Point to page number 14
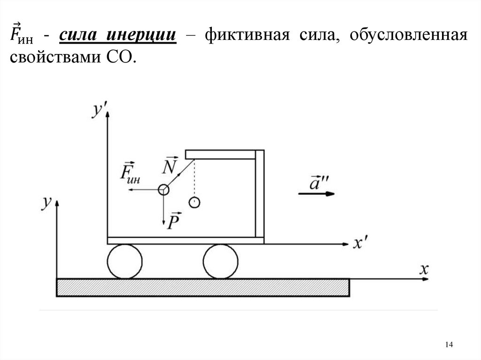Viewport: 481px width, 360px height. coord(448,345)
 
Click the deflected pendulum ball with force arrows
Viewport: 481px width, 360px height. coord(163,190)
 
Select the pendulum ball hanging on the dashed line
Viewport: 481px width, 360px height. coord(194,203)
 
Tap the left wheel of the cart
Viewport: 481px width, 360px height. coord(124,261)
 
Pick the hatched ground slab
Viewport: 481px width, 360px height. coord(203,287)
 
